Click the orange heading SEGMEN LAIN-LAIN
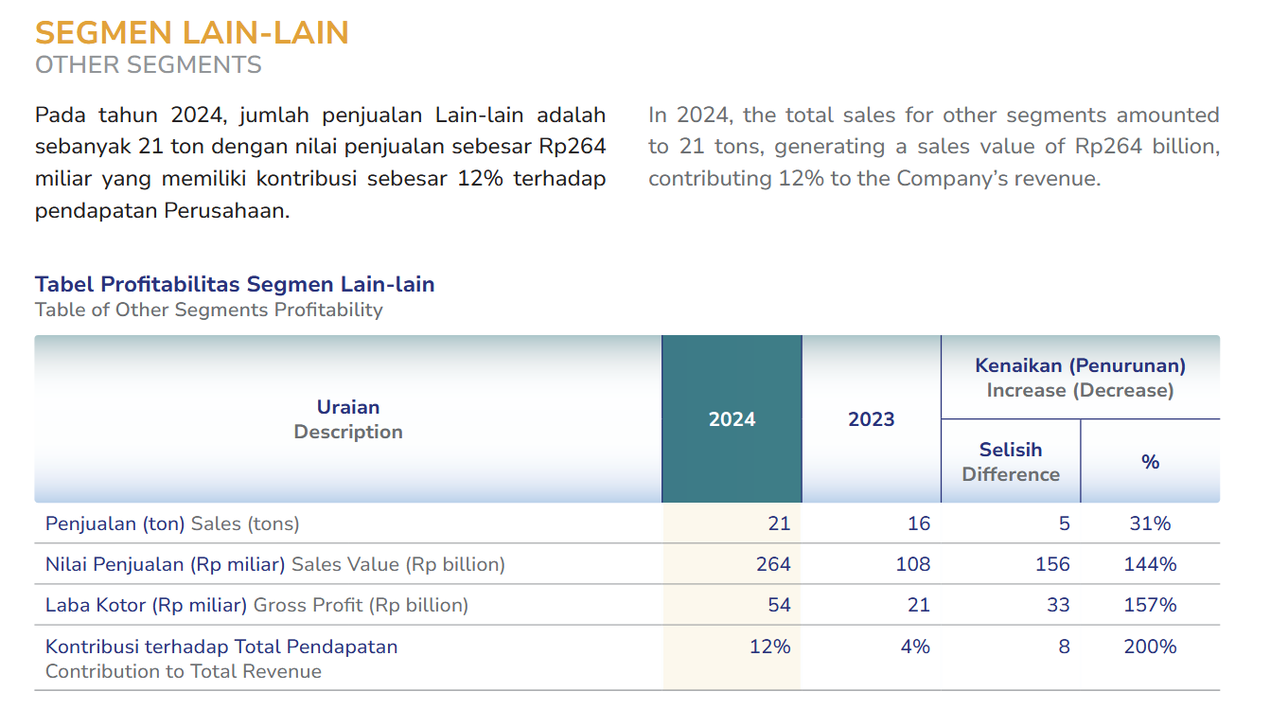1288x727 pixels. click(192, 33)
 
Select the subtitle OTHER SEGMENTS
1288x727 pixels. click(149, 65)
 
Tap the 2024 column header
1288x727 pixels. click(732, 419)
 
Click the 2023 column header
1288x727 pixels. click(871, 419)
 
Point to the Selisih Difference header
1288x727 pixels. click(1011, 462)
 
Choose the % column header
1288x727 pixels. click(1150, 462)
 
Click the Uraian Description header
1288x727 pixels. click(348, 419)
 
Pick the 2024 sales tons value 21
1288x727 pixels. click(779, 523)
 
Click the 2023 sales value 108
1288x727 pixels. click(913, 564)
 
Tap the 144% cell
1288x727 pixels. click(1150, 564)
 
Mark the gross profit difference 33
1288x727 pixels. click(1058, 605)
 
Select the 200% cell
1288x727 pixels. click(1150, 647)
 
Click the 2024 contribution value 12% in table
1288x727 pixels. click(769, 647)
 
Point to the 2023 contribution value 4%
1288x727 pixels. click(915, 647)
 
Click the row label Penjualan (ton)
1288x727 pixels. click(115, 523)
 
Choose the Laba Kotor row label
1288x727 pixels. click(146, 605)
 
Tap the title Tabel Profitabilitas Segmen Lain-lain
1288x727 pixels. click(235, 284)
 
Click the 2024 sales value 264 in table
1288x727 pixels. click(773, 564)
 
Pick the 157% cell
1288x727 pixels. click(1150, 605)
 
